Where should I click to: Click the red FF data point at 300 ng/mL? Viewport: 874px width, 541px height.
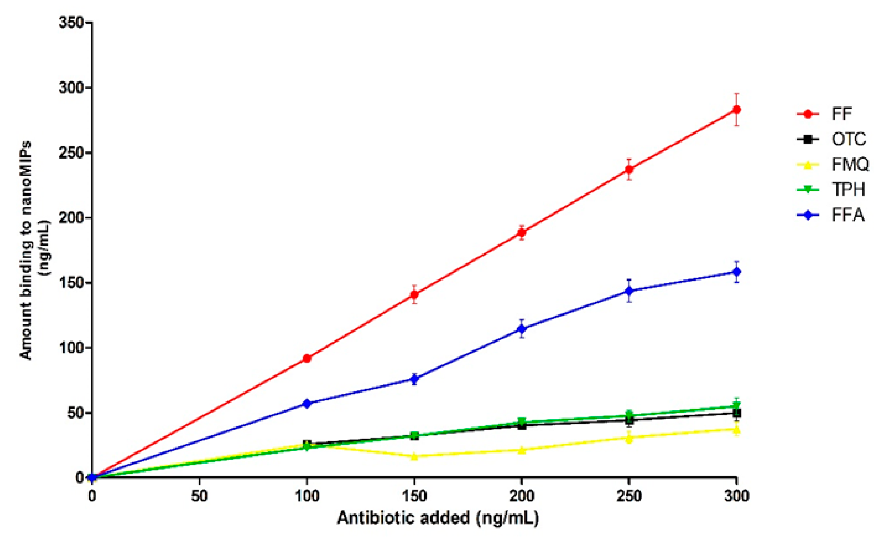[736, 110]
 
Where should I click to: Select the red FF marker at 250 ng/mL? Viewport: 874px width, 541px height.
[629, 170]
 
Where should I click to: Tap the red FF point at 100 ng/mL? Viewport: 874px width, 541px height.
[307, 358]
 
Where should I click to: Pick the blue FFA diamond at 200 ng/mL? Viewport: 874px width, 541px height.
[521, 329]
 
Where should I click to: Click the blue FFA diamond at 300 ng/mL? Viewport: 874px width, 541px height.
[736, 272]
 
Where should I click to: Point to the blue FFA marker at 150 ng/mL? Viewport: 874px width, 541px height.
[414, 379]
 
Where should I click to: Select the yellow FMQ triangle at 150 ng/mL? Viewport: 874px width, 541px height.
[414, 456]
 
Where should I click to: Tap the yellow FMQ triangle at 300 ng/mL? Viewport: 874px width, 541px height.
[736, 430]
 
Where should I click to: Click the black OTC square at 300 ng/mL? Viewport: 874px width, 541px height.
[736, 413]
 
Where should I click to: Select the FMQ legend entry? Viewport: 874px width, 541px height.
[850, 164]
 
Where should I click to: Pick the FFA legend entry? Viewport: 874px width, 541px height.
[848, 215]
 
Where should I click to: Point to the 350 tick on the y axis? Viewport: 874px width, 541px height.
[71, 23]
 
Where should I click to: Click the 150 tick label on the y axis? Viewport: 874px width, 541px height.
[71, 283]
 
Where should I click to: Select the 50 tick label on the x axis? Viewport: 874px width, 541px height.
[199, 496]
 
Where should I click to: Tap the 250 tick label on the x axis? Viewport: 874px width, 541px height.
[629, 496]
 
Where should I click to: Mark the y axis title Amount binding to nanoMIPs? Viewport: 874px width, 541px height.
[26, 250]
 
